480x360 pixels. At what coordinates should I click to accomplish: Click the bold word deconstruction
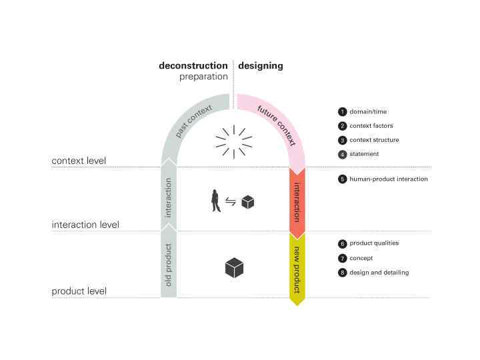193,66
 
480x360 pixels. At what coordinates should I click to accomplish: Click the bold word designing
261,66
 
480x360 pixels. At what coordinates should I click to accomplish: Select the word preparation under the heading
203,77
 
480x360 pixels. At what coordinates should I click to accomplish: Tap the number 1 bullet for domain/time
343,112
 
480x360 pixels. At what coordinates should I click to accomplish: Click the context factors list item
371,126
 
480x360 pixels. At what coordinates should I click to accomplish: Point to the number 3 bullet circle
343,141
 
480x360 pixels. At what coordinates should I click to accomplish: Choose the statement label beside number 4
364,154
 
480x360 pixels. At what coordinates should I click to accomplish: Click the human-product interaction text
389,179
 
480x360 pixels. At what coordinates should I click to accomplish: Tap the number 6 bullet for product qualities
343,244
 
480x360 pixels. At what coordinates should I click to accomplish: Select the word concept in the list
361,258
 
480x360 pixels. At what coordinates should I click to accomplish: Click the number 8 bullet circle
343,273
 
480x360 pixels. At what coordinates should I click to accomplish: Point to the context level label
79,161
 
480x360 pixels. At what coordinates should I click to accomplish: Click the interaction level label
85,225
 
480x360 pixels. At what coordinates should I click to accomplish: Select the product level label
79,291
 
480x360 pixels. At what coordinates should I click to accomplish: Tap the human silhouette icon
215,201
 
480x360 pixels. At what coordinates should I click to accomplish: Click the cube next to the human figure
247,202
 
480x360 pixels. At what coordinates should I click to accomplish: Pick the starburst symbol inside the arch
233,141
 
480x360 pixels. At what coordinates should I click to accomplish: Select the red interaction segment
297,201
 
